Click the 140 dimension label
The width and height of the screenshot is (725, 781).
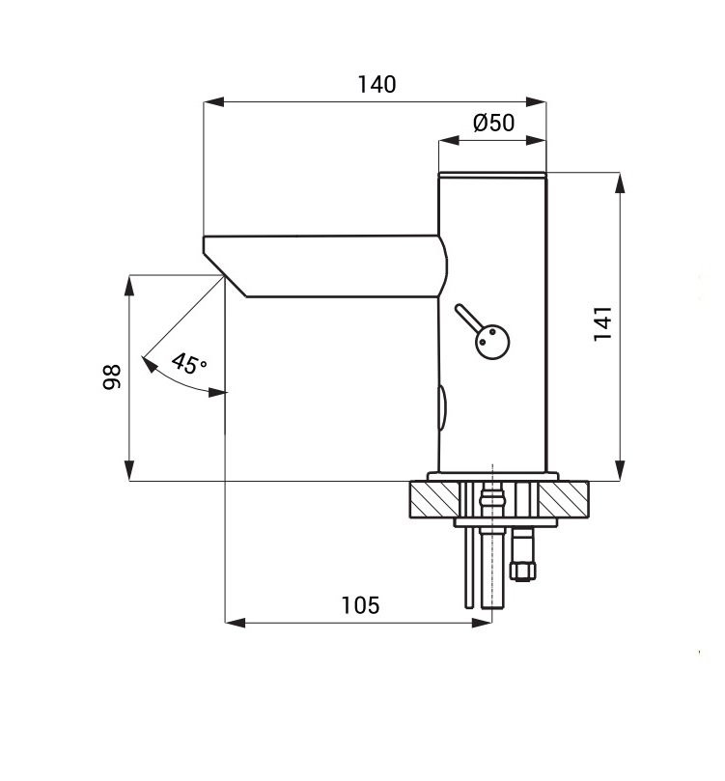pos(376,84)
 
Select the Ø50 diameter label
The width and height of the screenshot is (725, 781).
pos(493,123)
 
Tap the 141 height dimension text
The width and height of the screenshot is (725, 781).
pos(602,323)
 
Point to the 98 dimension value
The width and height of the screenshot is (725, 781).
pos(112,377)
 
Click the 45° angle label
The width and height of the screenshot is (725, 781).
pos(188,364)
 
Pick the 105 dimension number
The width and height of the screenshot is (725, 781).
pos(360,605)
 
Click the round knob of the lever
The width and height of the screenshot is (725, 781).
pos(492,342)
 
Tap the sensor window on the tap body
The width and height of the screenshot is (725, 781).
pos(442,407)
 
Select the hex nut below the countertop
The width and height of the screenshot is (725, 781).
pos(524,571)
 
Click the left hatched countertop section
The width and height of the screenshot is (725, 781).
pos(434,499)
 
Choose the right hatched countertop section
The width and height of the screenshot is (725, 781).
pos(564,499)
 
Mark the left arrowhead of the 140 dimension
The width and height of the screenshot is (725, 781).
pos(214,102)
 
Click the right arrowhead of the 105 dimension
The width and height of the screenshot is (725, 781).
pos(482,623)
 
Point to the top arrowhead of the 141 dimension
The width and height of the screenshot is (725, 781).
pos(620,182)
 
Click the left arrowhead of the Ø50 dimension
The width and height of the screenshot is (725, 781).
pos(449,141)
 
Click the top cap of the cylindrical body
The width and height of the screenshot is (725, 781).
pos(492,175)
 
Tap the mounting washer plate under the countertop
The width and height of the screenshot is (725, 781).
pos(506,522)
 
